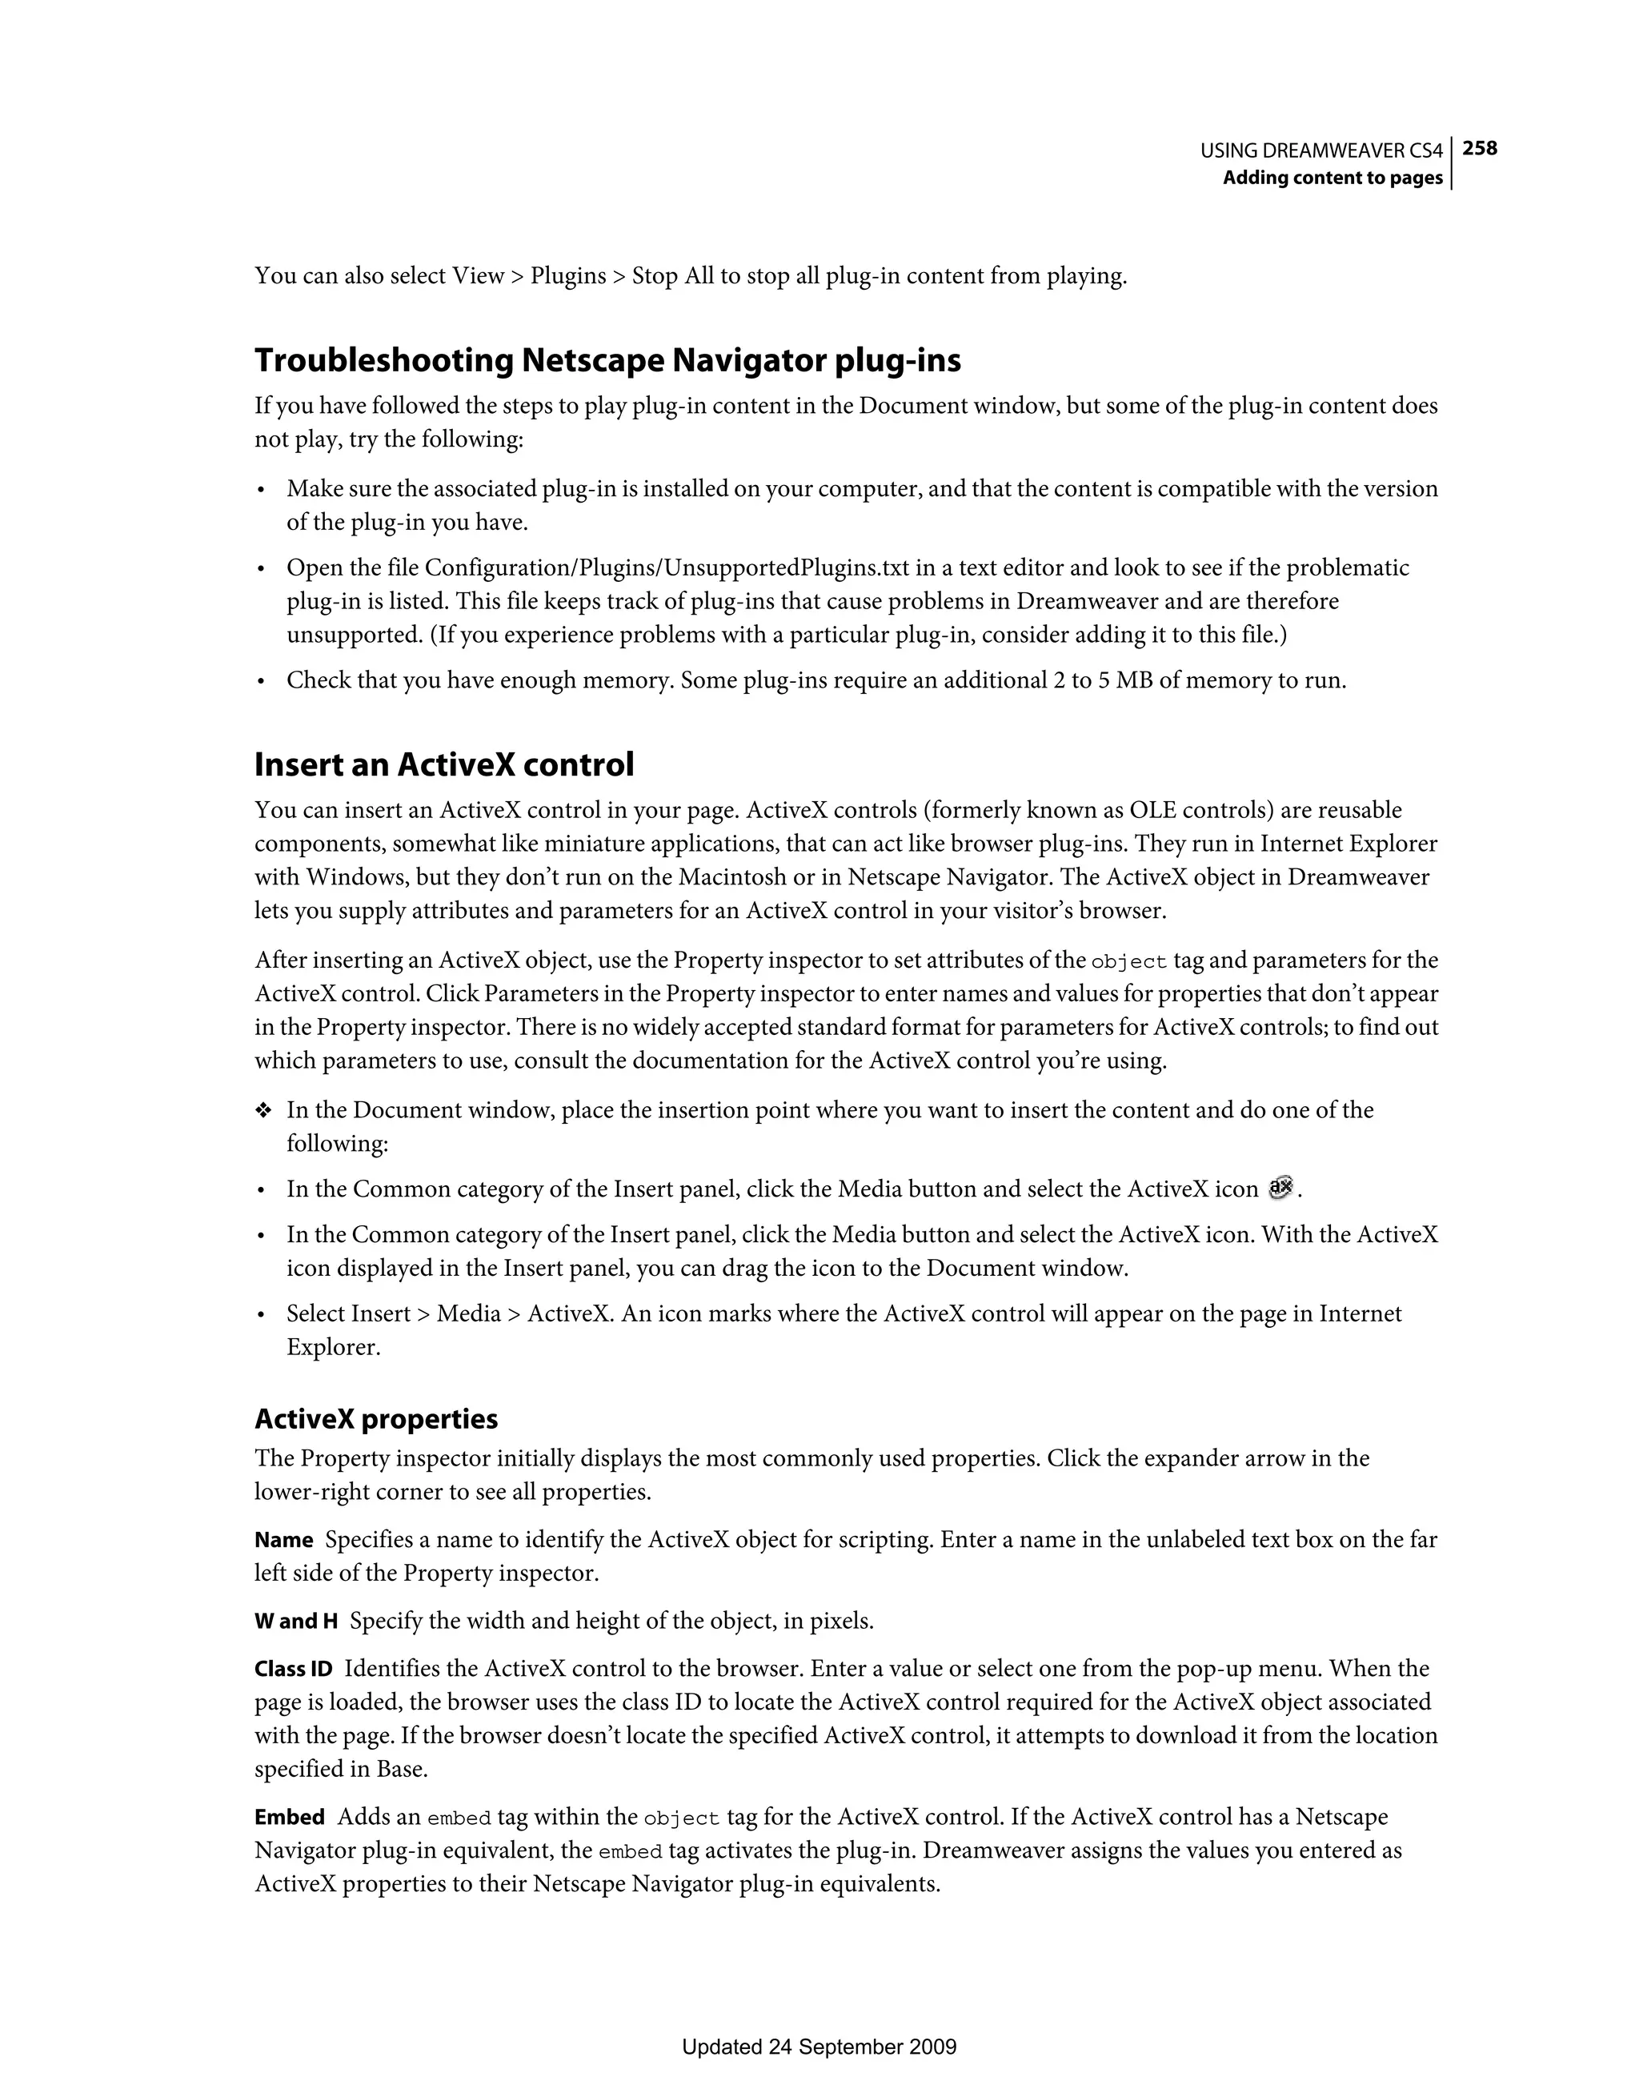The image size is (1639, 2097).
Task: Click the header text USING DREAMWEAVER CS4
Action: pos(1321,150)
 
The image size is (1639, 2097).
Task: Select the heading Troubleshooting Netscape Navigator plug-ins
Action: pos(607,361)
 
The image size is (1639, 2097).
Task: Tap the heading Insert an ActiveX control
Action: pos(443,765)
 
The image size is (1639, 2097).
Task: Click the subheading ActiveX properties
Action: pos(375,1419)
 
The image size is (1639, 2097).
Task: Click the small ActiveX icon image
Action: pos(1280,1188)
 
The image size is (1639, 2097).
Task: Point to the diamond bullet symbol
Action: pos(263,1111)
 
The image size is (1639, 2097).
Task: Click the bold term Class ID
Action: pos(293,1670)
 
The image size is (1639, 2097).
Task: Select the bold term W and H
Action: pos(296,1622)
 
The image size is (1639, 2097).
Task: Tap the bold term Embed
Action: pos(289,1818)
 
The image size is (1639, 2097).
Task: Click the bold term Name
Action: pos(283,1540)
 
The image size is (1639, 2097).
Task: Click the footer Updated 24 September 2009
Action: pos(819,2047)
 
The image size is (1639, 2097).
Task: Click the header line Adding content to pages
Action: pos(1332,178)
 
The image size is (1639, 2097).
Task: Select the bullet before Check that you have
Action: pos(261,682)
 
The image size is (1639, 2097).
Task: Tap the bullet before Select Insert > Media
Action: pos(261,1314)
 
